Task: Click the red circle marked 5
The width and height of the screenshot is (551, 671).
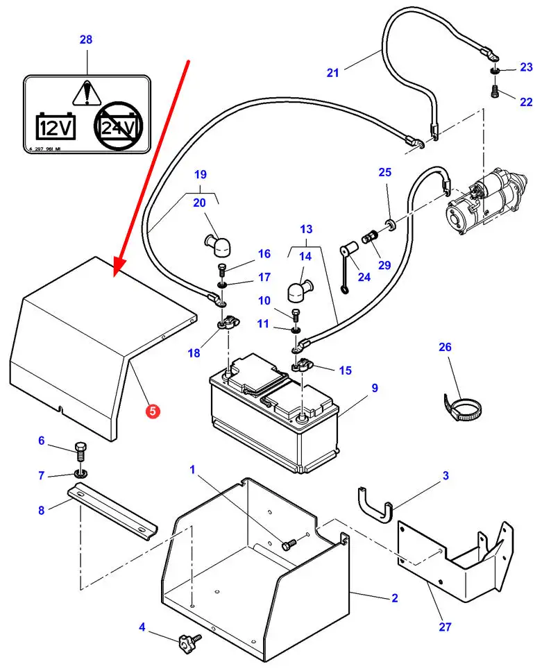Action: point(152,411)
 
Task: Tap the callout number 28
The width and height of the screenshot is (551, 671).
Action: point(85,40)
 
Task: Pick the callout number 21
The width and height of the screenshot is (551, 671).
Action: point(333,73)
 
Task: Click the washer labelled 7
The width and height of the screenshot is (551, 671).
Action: point(80,475)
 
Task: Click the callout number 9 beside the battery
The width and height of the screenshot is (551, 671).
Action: point(375,388)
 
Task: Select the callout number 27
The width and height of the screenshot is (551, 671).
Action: point(445,627)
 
